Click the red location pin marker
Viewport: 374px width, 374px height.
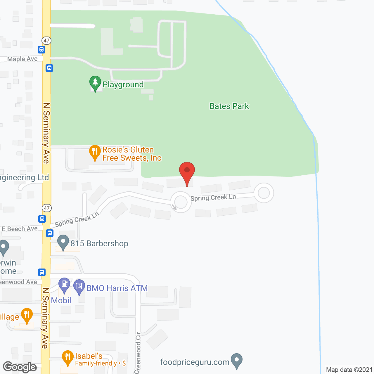click(x=187, y=171)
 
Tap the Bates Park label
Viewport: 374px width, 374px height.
click(x=229, y=106)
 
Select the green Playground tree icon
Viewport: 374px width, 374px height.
click(x=95, y=83)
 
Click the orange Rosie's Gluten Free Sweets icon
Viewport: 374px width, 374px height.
click(x=95, y=152)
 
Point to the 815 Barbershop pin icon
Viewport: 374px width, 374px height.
click(x=63, y=242)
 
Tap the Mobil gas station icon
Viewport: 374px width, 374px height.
click(x=64, y=284)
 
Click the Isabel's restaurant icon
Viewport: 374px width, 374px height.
click(x=68, y=357)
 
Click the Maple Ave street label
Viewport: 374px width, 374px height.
click(x=22, y=59)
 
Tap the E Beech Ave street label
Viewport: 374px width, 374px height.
click(x=20, y=229)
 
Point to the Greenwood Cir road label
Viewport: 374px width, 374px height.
click(x=138, y=353)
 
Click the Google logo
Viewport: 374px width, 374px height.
click(x=20, y=367)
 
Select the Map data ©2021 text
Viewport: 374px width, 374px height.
click(x=349, y=370)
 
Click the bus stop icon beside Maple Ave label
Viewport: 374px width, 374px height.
click(x=41, y=50)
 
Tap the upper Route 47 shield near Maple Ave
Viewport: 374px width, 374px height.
click(x=46, y=41)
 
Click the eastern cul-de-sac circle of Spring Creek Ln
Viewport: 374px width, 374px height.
click(x=264, y=193)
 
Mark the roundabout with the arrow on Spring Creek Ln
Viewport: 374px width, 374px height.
click(x=181, y=202)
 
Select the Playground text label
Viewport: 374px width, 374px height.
click(x=123, y=85)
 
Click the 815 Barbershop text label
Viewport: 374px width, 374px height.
click(x=99, y=243)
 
